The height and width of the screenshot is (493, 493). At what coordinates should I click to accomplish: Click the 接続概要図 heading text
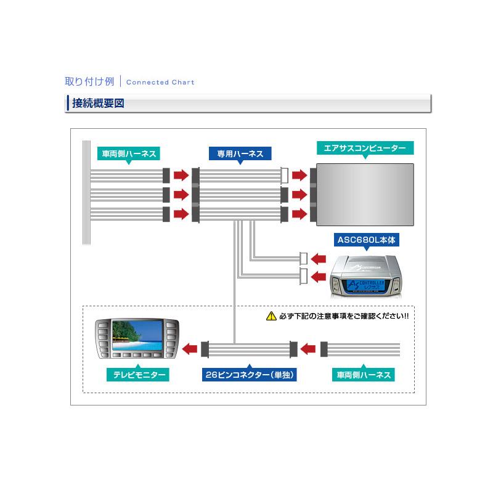click(99, 104)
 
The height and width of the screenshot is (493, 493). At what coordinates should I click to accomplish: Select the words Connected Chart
click(160, 82)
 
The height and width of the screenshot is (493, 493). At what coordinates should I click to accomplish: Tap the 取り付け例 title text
click(89, 81)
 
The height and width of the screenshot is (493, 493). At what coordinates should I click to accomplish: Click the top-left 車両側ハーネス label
click(128, 153)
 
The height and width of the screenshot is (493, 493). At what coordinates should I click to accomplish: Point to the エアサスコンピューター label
click(365, 149)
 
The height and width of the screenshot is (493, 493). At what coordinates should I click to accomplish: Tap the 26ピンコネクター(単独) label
click(250, 375)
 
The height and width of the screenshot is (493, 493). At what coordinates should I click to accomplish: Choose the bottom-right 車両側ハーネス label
click(363, 375)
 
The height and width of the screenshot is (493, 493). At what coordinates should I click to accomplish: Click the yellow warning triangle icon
click(271, 317)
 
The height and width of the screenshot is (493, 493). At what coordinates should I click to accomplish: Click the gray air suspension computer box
click(364, 194)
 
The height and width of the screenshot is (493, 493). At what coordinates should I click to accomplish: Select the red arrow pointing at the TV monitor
click(190, 349)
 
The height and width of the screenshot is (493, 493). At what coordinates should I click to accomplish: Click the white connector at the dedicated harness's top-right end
click(285, 175)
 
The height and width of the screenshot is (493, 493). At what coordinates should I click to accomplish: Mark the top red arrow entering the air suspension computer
click(299, 175)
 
